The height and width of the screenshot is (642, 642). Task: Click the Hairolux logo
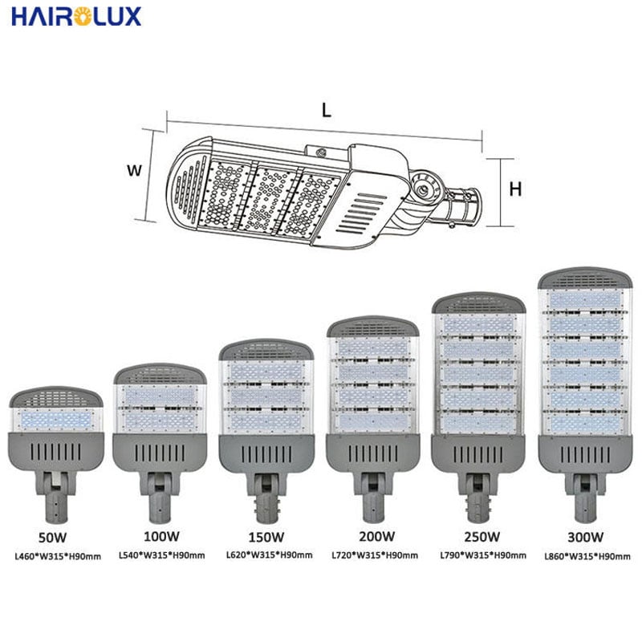[76, 17]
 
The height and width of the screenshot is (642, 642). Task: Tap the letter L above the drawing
[326, 110]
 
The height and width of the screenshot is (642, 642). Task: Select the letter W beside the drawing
[134, 170]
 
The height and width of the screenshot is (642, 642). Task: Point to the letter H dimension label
[515, 189]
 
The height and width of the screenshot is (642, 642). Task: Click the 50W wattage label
[52, 537]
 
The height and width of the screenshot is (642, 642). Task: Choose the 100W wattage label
[161, 536]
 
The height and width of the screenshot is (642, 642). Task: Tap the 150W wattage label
[266, 537]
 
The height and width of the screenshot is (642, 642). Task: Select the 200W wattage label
[376, 536]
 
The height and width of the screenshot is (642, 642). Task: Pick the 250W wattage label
[482, 536]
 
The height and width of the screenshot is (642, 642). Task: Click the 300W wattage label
[586, 537]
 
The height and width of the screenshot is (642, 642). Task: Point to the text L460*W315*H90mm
[58, 556]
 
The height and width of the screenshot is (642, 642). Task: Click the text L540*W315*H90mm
[162, 555]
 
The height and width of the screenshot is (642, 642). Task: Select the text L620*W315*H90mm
[270, 555]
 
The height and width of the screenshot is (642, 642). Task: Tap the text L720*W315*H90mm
[375, 555]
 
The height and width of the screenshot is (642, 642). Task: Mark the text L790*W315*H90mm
[483, 555]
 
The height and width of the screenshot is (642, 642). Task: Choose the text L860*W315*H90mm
[587, 556]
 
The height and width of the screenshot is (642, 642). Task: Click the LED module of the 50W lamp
[56, 420]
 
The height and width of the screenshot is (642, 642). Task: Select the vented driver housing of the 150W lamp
[266, 453]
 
